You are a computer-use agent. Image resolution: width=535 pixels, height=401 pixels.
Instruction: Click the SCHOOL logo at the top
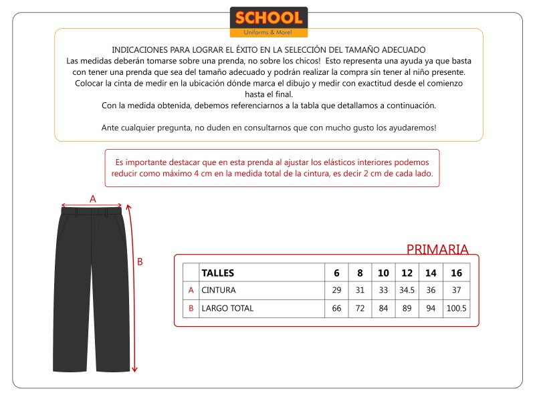point(268,21)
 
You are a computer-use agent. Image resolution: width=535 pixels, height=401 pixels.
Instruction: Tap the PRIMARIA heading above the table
point(437,249)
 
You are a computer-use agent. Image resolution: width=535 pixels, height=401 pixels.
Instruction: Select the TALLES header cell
point(217,273)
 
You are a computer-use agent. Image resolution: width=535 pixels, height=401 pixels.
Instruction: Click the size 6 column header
point(336,273)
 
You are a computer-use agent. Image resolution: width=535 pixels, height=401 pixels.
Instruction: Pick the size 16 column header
point(456,273)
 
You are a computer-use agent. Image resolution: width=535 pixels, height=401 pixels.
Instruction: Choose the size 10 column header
point(383,273)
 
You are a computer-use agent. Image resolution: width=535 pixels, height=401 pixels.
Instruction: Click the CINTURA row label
point(219,291)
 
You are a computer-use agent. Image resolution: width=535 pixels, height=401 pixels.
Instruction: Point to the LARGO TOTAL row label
point(227,309)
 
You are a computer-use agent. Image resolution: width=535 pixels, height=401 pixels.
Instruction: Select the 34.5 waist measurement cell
point(407,291)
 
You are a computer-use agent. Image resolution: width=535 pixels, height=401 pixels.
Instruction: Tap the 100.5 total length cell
point(456,309)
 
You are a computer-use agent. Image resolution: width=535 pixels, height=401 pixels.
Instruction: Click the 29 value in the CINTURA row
point(336,291)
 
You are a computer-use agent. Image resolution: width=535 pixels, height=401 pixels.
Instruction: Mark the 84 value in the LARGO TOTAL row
point(383,309)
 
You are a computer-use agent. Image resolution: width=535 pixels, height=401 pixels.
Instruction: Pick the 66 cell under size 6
point(336,309)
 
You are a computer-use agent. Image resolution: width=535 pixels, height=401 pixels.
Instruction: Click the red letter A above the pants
point(93,198)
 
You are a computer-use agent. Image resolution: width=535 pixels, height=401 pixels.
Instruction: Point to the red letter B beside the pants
point(140,262)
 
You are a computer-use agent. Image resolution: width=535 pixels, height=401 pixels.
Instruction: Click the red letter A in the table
point(191,291)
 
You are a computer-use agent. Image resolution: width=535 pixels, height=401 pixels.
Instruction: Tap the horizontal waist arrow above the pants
point(92,206)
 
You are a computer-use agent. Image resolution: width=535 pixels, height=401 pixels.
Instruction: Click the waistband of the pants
point(92,211)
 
